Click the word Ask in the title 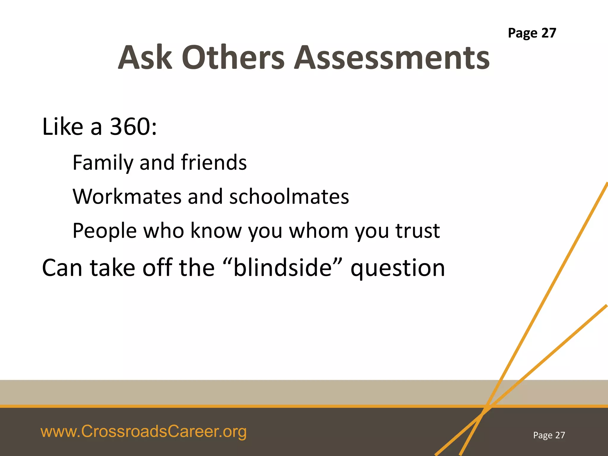coord(145,58)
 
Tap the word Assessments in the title coord(392,58)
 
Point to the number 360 coord(130,127)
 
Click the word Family coord(103,163)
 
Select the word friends coord(214,162)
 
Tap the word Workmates coord(127,197)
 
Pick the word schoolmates coord(289,197)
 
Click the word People coord(104,231)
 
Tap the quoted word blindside coord(282,267)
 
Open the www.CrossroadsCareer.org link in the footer coord(143,432)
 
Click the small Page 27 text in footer coord(549,435)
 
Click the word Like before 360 coord(63,127)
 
